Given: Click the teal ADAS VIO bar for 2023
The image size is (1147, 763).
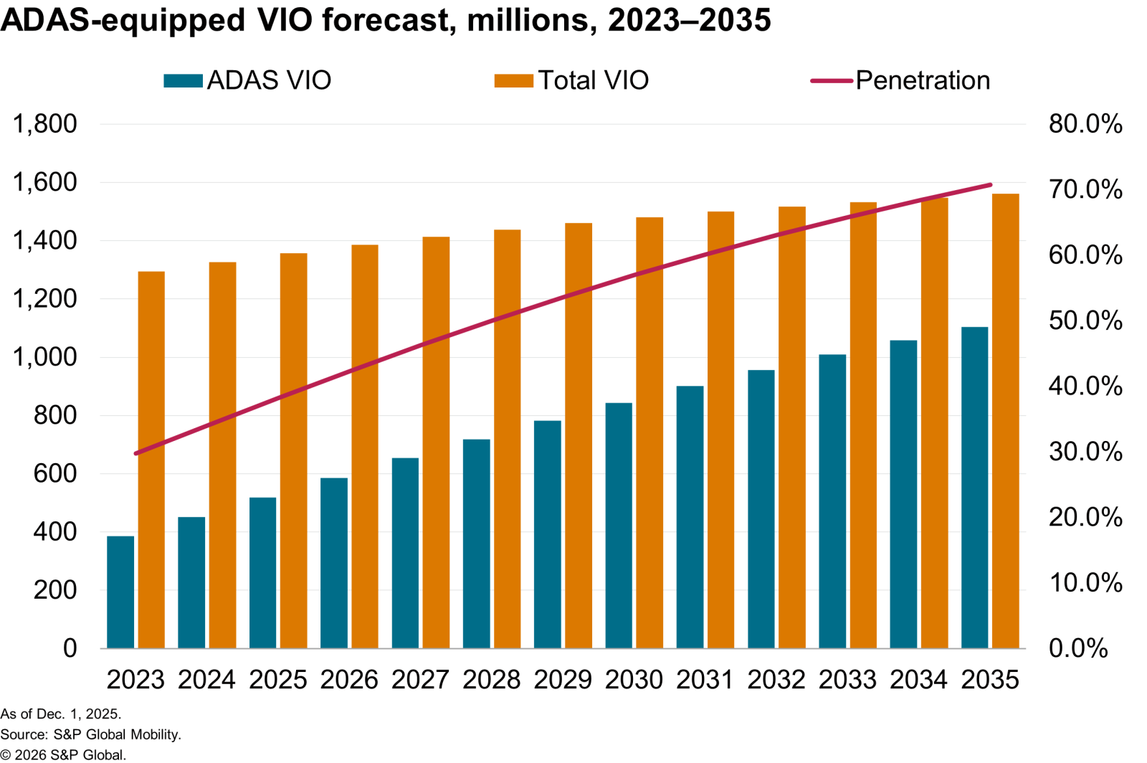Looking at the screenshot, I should point(120,592).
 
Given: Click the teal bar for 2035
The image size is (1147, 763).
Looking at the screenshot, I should point(974,488).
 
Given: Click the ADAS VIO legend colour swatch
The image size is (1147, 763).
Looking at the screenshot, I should point(183,80).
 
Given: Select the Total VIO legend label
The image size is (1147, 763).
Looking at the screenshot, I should point(593,80).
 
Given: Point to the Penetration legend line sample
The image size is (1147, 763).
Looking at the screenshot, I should point(832,80).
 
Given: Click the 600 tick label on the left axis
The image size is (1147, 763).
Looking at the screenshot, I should point(55,473).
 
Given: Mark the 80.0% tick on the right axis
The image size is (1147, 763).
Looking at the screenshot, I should point(1085,124).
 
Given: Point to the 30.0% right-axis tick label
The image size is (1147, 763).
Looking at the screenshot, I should point(1085,452).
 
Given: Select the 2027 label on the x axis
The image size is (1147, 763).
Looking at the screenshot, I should point(420,680).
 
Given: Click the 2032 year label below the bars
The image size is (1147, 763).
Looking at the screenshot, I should point(776,680).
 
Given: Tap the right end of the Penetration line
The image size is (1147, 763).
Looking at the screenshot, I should point(990,185).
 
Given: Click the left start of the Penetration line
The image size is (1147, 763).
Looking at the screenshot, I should point(136,453).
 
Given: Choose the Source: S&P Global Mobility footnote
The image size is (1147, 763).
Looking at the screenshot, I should point(90,734).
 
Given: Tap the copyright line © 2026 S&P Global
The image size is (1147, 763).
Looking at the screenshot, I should point(63,754).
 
